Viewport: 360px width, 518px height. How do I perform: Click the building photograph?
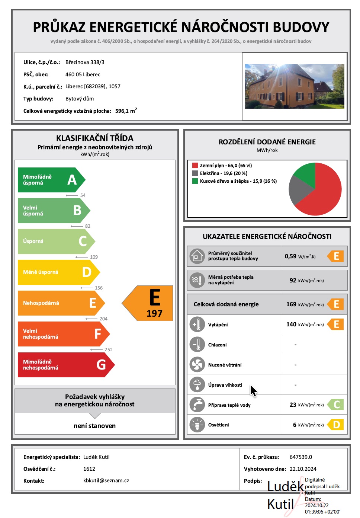295,86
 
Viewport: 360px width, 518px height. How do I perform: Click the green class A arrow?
50,180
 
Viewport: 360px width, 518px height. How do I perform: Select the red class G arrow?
65,365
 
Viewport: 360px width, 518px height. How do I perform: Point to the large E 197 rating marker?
151,303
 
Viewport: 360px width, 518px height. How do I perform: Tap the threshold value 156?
99,288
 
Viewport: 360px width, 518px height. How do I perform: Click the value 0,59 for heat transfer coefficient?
290,256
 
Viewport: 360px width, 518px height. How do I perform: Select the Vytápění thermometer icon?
197,324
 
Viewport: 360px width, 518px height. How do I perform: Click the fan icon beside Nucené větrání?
197,365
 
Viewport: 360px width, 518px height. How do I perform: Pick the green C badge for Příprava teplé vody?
336,405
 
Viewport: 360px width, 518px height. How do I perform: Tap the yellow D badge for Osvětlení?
336,425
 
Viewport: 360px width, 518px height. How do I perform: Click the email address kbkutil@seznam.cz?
106,481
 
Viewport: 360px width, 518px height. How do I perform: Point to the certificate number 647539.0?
300,457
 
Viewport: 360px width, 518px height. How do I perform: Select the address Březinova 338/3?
85,63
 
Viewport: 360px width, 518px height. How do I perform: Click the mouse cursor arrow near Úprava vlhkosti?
253,390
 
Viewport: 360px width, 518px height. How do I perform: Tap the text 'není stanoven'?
94,426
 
